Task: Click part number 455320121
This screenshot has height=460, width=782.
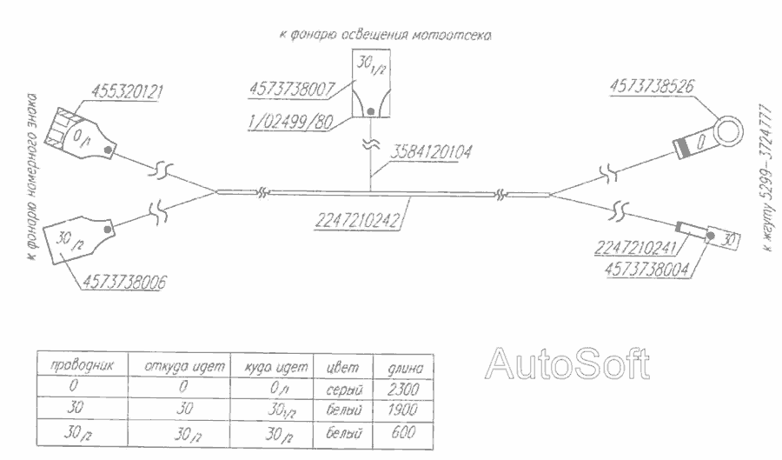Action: (x=130, y=90)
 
